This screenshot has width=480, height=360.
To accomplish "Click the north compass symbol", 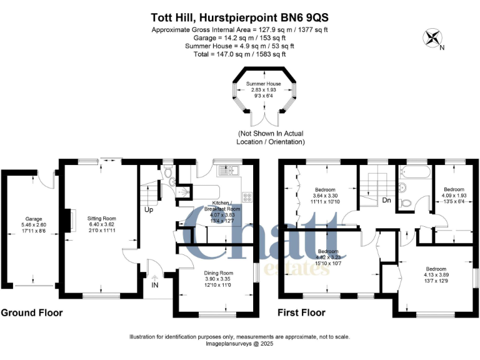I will coord(431,38).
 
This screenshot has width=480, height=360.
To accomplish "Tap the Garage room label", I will coord(33,219).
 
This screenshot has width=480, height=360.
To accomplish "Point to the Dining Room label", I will coord(218,273).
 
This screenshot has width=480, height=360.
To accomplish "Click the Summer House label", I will coord(262,84).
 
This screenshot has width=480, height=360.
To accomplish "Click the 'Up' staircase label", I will coord(149,209).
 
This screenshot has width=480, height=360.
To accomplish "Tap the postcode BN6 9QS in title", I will coord(303,18).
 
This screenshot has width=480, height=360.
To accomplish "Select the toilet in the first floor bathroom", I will coord(405,202).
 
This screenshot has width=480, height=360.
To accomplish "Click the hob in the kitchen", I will coord(247,197).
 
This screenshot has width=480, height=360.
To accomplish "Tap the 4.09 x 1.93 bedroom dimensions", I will coord(454,196).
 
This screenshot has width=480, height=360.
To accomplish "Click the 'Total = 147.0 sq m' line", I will coord(240,54).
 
